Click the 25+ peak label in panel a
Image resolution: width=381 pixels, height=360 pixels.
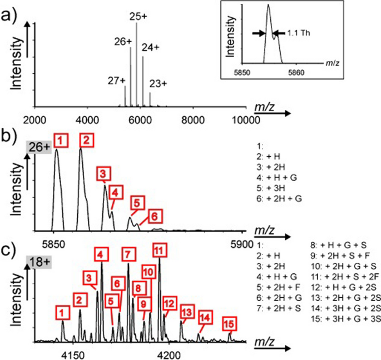pos(138,17)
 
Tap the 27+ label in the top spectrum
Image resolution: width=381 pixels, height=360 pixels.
pos(117,81)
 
